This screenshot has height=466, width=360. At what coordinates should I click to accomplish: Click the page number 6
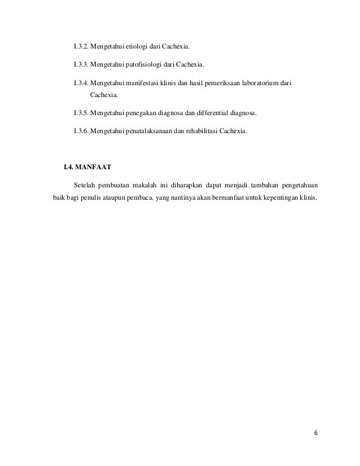315,433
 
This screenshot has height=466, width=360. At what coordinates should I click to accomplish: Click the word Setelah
85,185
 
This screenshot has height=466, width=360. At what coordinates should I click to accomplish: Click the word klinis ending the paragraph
309,198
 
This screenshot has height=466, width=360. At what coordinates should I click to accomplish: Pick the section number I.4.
68,167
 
